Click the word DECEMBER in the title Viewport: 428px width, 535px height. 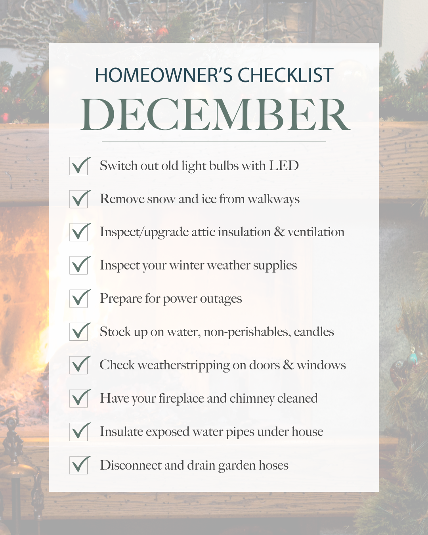click(215, 114)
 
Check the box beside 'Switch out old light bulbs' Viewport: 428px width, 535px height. click(78, 166)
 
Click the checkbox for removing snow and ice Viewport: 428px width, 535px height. click(78, 199)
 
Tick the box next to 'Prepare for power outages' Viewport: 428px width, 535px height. click(78, 298)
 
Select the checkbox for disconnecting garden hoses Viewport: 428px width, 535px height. click(78, 465)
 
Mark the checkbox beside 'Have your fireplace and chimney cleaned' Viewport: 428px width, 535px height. click(78, 399)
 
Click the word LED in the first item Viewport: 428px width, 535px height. click(284, 166)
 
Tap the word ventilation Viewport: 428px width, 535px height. click(316, 232)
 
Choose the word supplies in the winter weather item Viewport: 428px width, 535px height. click(275, 266)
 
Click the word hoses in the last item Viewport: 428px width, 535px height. click(273, 465)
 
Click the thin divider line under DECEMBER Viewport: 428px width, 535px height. click(214, 141)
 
